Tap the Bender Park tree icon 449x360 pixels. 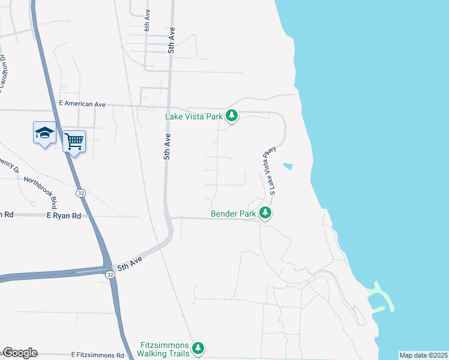tap(265, 213)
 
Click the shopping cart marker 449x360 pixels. tap(74, 141)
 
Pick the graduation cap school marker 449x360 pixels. tap(44, 133)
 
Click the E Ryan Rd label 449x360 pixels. tap(64, 215)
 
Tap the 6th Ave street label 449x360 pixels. tap(146, 20)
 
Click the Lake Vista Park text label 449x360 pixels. tap(194, 116)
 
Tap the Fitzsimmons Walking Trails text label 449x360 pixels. tap(164, 349)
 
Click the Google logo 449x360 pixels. tap(19, 353)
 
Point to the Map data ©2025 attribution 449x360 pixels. tap(423, 355)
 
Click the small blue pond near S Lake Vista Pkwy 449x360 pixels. tap(288, 166)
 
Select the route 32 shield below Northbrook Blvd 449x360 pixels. tap(80, 193)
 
